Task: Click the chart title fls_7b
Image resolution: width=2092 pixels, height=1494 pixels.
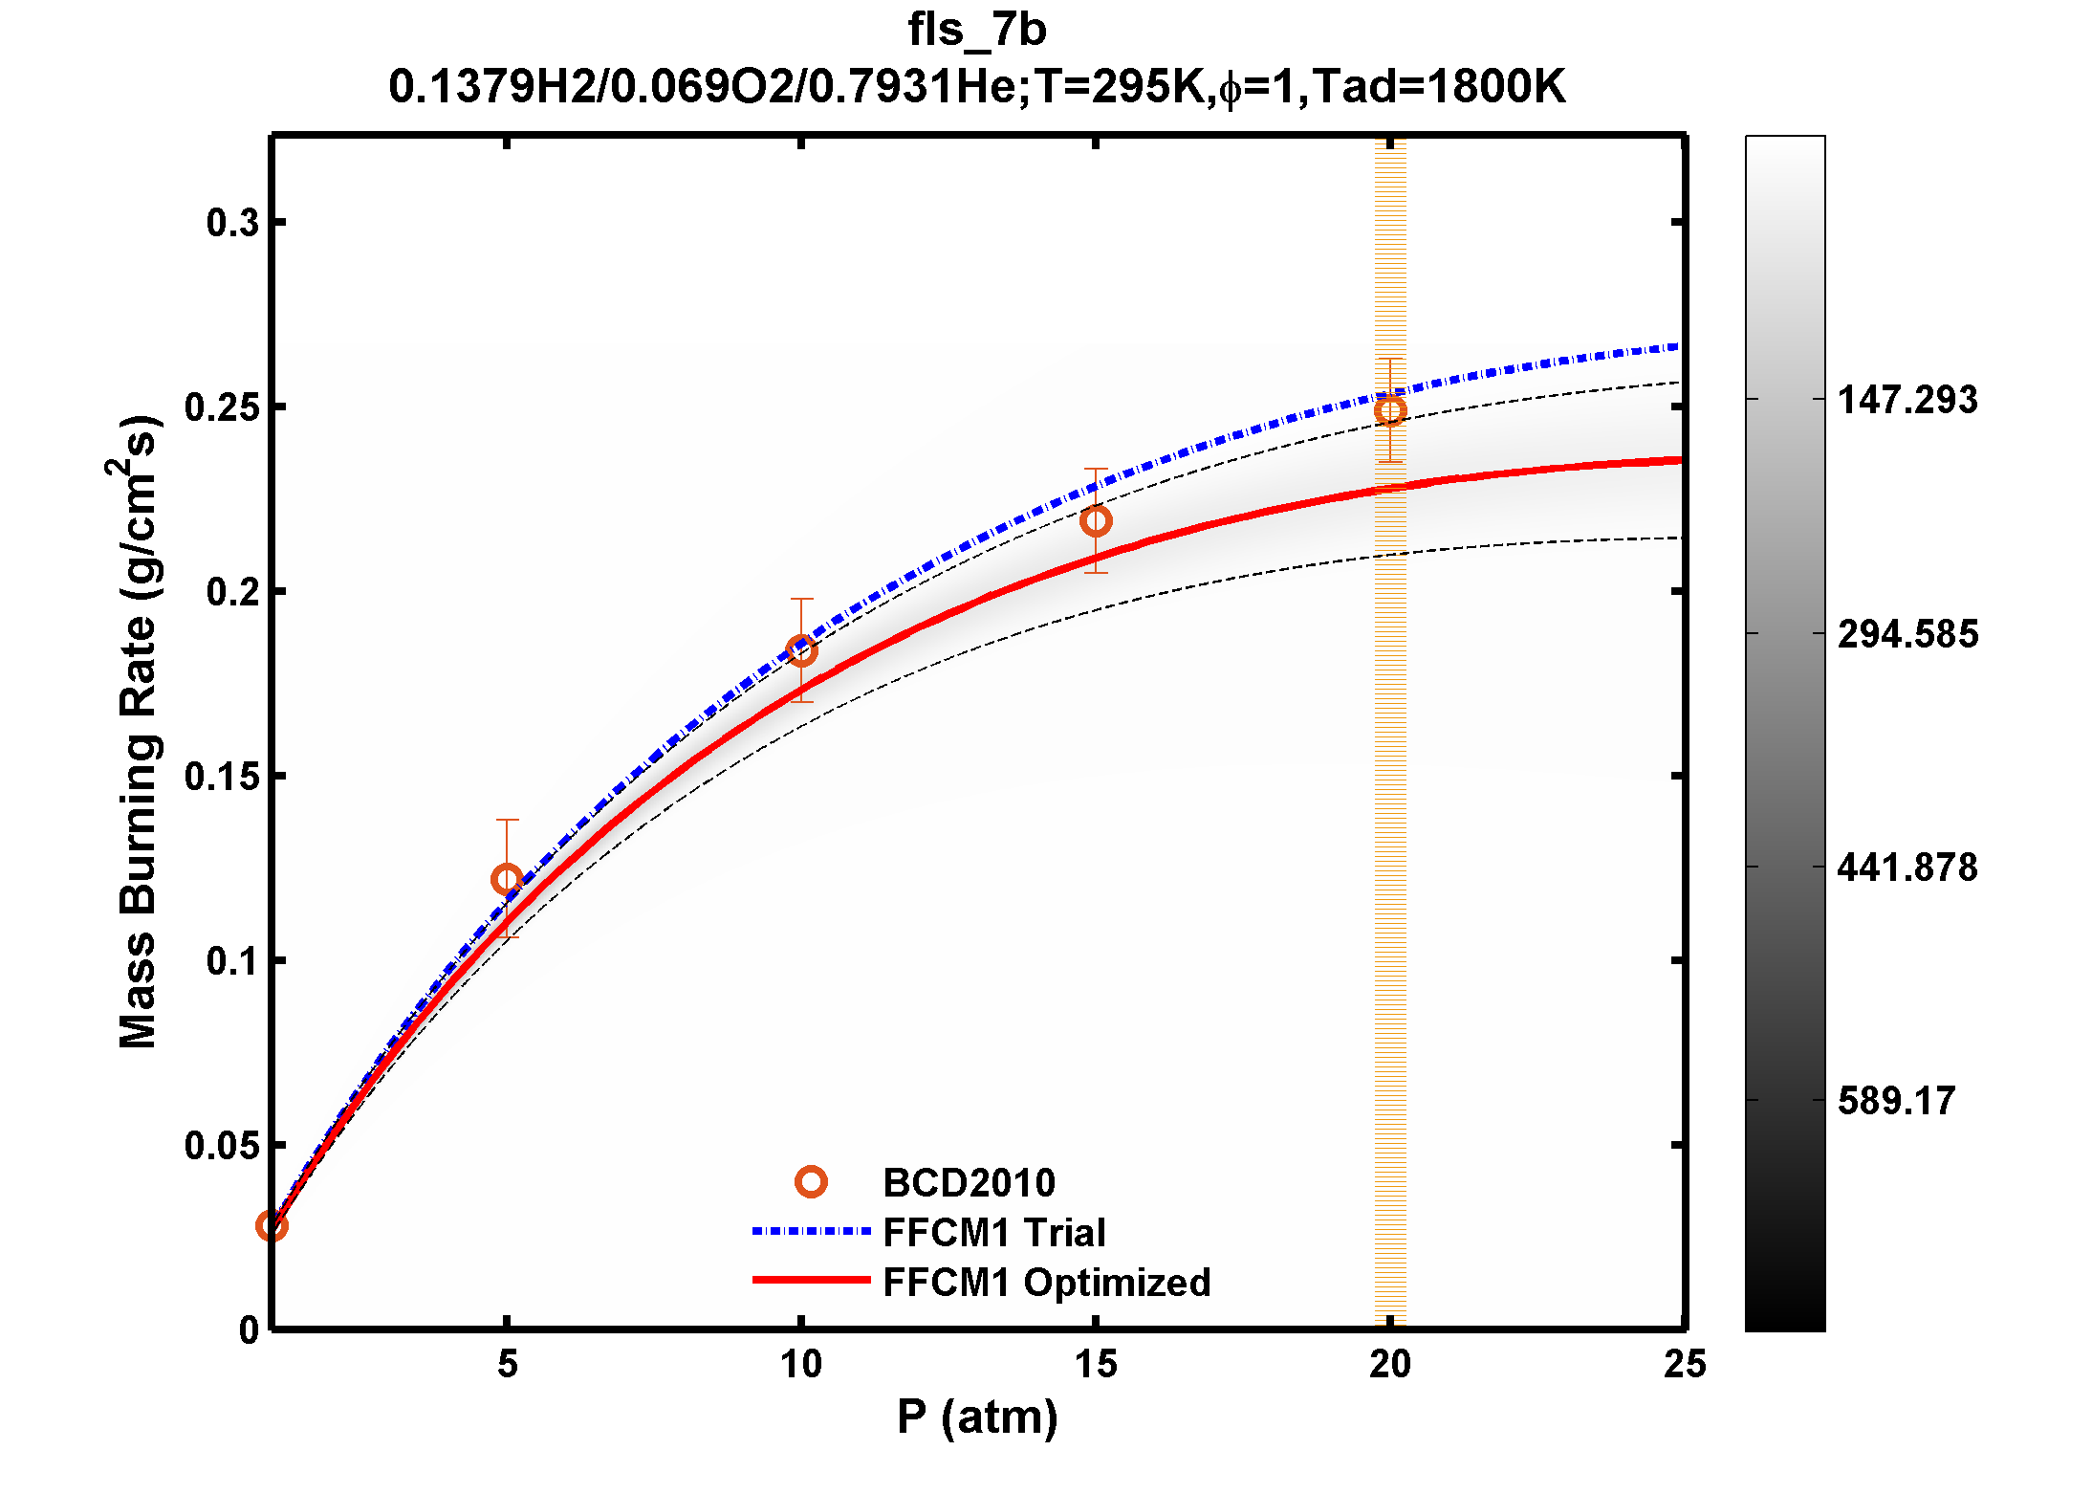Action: (976, 31)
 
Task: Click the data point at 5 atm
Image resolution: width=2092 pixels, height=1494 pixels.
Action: (507, 879)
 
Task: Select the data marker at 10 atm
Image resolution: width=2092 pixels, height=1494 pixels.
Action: (801, 651)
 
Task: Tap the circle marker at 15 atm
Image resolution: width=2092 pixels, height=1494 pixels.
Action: (1096, 521)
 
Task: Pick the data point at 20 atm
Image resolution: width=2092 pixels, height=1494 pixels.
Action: (1390, 411)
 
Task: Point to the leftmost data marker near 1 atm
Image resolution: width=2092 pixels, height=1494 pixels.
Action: (272, 1225)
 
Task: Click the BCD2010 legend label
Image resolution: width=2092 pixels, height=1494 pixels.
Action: (969, 1183)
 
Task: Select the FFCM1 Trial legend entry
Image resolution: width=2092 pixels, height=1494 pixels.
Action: (993, 1233)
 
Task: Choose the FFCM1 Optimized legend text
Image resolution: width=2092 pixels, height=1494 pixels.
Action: (1046, 1283)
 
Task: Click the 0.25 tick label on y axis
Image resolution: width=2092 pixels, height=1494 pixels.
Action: (222, 407)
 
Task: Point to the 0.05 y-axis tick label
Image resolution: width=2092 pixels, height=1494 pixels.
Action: (222, 1145)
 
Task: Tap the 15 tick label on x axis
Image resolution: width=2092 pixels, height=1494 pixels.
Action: (1096, 1365)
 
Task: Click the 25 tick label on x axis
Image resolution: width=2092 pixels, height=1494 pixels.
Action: (1684, 1365)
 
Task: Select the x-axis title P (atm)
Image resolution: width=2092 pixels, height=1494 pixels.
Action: (976, 1417)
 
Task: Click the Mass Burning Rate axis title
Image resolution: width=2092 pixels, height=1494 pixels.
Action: (137, 732)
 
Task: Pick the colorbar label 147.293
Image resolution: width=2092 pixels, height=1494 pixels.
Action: (1907, 400)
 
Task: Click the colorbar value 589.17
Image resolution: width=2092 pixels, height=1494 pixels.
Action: (1896, 1101)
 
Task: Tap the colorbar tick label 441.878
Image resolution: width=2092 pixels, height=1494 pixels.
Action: (1907, 868)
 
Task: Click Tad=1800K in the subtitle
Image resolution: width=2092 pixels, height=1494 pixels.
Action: (1439, 87)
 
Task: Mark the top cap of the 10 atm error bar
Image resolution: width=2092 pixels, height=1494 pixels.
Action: (801, 600)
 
